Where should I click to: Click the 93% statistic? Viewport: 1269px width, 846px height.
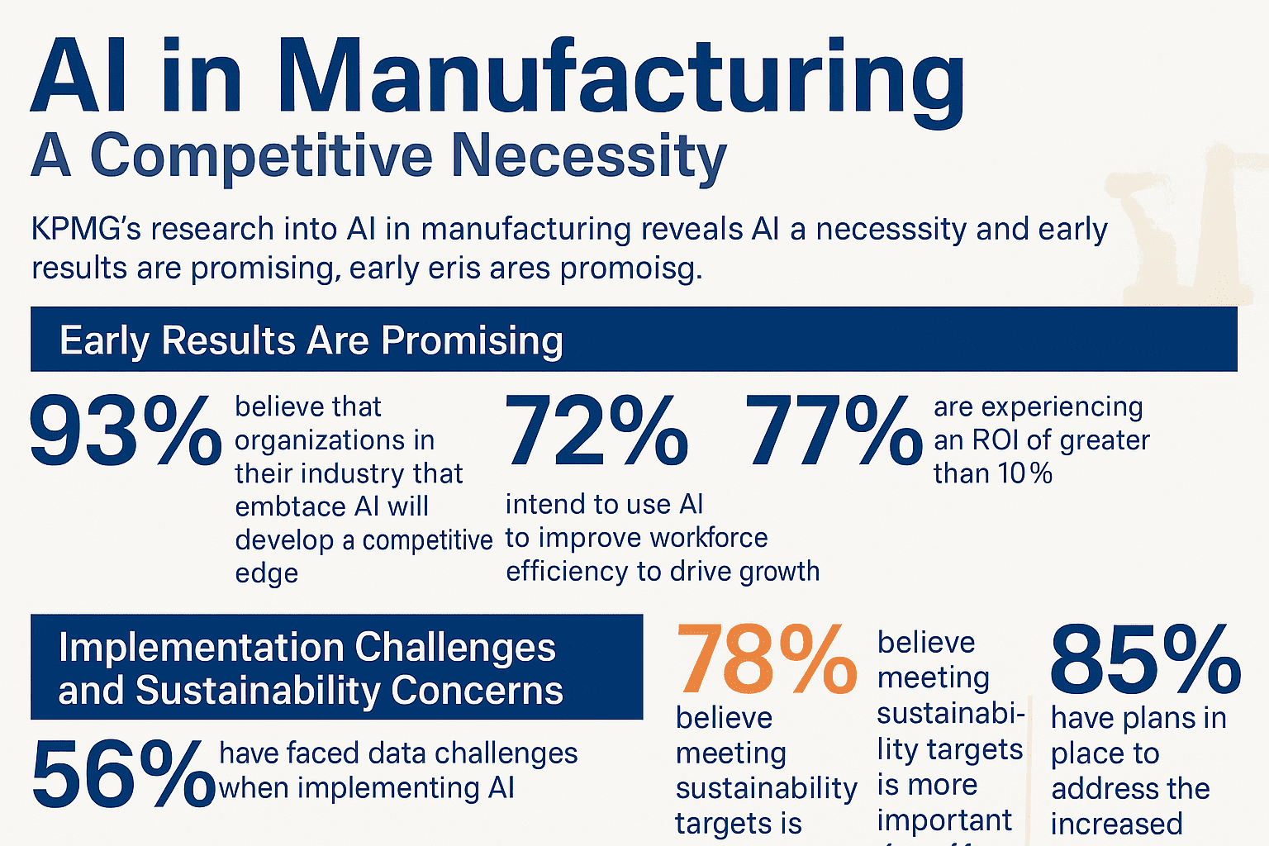pyautogui.click(x=125, y=431)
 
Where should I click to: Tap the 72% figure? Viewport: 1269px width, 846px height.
pyautogui.click(x=596, y=431)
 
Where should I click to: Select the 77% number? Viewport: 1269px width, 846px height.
pyautogui.click(x=834, y=431)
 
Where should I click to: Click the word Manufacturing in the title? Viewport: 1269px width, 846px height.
pyautogui.click(x=620, y=78)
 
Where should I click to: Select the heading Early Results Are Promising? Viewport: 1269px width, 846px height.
pyautogui.click(x=311, y=340)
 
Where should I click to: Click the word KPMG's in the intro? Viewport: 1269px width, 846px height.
pyautogui.click(x=86, y=229)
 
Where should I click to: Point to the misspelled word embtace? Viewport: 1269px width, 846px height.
pyautogui.click(x=287, y=506)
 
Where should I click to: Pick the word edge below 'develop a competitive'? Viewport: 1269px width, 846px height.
pyautogui.click(x=266, y=573)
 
